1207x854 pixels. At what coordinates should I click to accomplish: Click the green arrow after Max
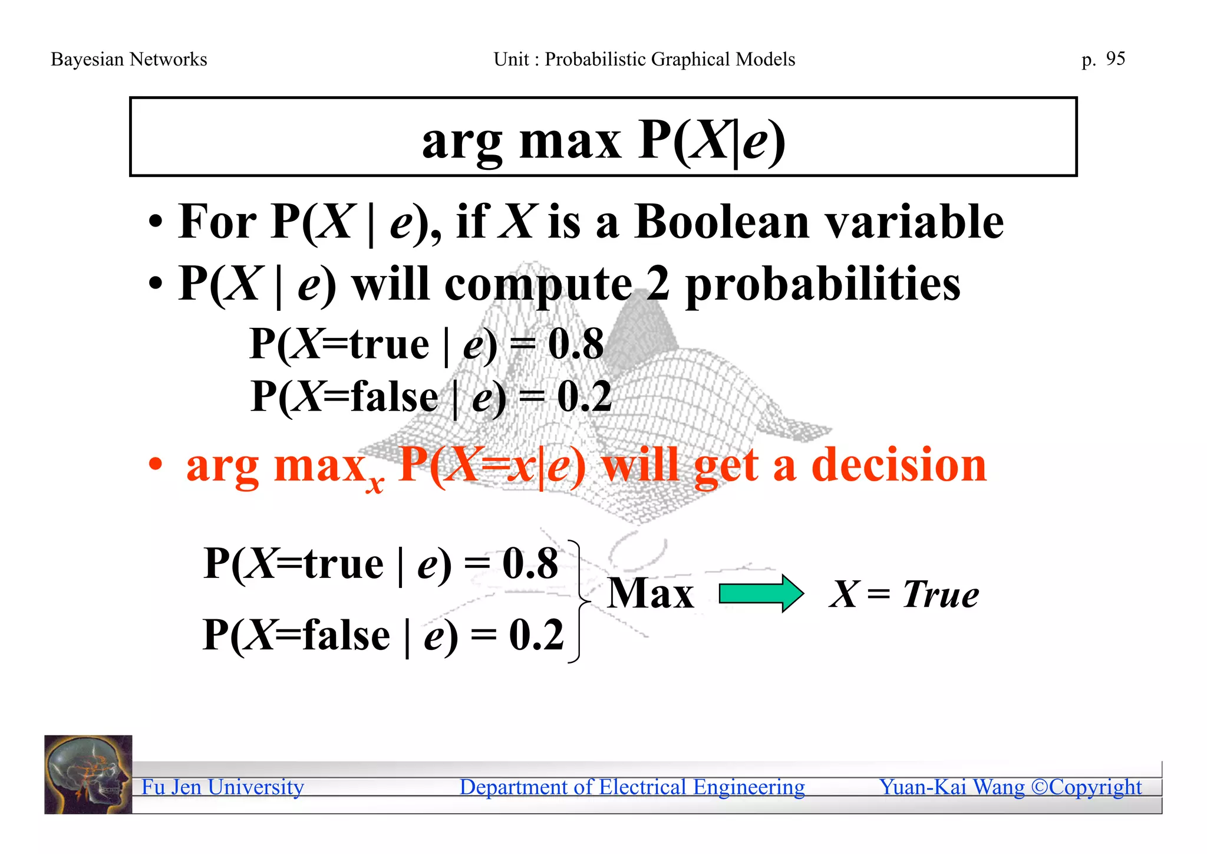761,593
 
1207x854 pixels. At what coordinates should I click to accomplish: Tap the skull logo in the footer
88,774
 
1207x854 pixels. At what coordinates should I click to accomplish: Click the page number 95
1115,58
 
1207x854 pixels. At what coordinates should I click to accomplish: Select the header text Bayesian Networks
129,60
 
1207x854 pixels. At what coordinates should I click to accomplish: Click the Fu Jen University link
223,787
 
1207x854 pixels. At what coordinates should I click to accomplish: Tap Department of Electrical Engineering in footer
632,787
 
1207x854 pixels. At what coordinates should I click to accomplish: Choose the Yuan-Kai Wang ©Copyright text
1010,787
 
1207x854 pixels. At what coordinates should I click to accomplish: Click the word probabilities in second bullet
823,285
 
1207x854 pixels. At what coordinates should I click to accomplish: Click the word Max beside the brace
651,593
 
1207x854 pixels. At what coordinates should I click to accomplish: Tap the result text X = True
904,594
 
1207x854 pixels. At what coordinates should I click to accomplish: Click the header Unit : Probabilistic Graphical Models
644,60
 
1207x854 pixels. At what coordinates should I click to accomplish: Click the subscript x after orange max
375,484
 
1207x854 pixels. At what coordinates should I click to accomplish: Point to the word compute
538,285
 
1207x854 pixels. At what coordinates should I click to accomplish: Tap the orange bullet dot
156,465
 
